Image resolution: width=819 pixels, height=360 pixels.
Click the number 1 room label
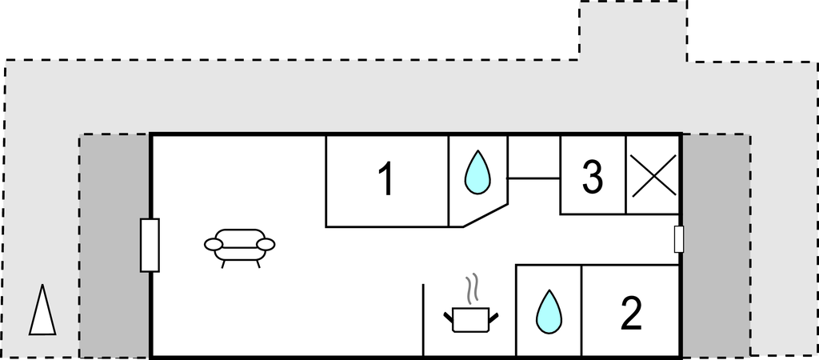386,179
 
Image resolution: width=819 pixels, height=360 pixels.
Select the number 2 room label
631,314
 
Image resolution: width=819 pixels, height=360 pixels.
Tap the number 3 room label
592,178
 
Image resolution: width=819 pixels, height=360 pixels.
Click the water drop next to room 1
477,172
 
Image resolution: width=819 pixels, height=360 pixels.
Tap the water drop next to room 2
549,311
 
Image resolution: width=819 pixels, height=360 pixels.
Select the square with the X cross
652,174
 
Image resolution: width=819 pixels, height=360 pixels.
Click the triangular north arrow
42,310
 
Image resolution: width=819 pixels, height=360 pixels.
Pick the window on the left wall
150,245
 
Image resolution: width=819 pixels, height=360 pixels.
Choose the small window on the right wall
679,239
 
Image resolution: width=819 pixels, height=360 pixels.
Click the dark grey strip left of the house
114,245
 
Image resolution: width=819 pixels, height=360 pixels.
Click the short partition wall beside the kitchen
422,319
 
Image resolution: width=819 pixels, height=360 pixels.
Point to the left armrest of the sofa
213,243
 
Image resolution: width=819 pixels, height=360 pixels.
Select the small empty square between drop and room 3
533,157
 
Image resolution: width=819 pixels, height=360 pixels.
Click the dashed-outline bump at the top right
633,30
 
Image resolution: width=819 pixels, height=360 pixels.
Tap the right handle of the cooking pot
493,317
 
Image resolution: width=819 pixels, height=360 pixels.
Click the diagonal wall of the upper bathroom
485,215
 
